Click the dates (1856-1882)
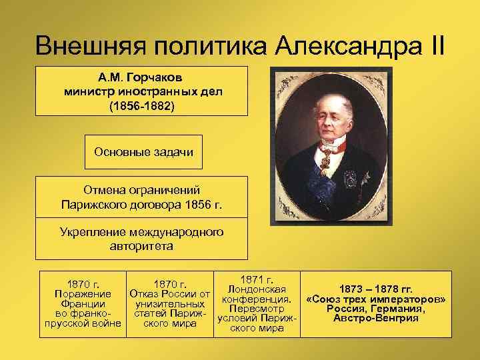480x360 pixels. point(145,105)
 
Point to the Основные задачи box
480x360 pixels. point(143,152)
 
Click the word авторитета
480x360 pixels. point(141,246)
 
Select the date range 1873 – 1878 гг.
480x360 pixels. point(375,289)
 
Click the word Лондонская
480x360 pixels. point(257,289)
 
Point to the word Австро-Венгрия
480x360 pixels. point(375,318)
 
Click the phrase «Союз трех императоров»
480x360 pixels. point(375,299)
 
